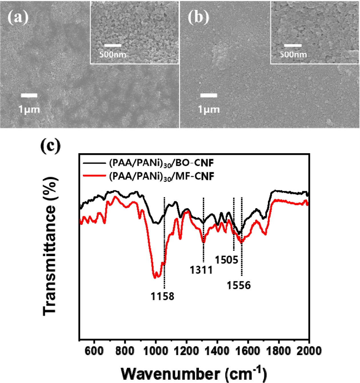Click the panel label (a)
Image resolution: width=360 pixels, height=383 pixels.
(x=18, y=17)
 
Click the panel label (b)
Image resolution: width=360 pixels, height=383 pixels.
(x=198, y=17)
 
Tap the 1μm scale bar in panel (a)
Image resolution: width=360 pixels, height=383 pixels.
(x=29, y=95)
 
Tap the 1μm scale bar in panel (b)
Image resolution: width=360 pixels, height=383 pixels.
(x=209, y=95)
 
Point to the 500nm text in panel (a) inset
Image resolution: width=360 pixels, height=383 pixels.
(x=113, y=54)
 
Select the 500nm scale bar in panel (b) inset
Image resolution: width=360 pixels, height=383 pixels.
(x=293, y=45)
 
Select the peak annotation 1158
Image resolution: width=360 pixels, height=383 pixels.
(x=162, y=296)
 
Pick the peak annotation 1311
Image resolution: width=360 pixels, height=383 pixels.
(x=201, y=270)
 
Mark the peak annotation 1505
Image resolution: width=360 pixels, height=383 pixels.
(x=226, y=260)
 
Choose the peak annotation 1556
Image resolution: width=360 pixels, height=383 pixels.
(x=239, y=285)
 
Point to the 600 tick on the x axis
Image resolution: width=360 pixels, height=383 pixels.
(x=94, y=351)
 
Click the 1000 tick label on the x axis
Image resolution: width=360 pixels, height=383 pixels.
(x=155, y=351)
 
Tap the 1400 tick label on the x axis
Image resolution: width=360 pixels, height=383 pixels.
(x=217, y=351)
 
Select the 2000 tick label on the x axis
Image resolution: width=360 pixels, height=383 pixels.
(x=309, y=351)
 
